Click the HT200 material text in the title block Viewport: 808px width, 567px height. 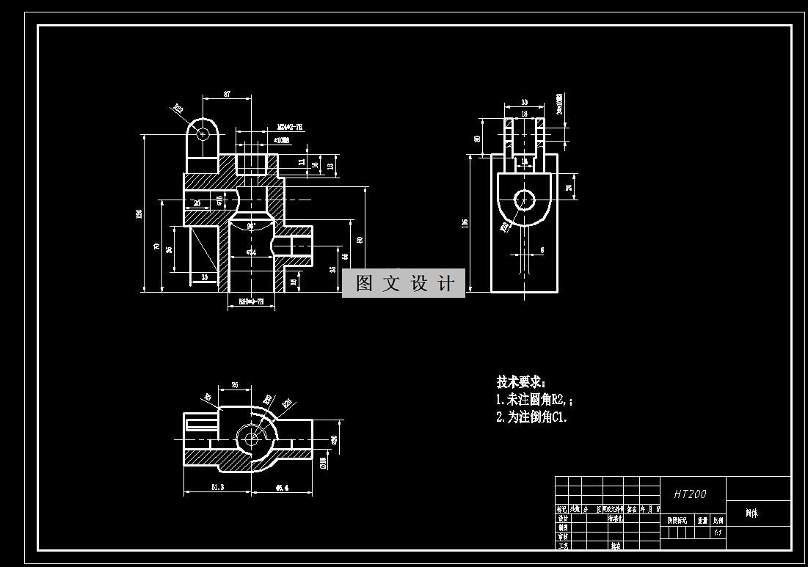click(x=690, y=494)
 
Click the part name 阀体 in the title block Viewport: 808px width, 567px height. click(x=751, y=513)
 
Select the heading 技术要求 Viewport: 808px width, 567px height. click(x=521, y=382)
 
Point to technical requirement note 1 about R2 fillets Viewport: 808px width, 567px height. click(x=534, y=400)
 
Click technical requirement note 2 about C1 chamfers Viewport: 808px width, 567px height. click(x=532, y=417)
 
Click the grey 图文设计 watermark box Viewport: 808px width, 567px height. click(x=404, y=283)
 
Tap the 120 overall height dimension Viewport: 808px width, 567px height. click(x=139, y=213)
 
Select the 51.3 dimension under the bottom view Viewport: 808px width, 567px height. click(x=217, y=487)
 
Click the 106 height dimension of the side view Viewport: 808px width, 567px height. click(x=465, y=223)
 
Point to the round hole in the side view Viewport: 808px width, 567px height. click(x=524, y=199)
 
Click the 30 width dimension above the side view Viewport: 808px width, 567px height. click(x=524, y=103)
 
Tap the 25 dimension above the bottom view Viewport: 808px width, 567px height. click(x=235, y=384)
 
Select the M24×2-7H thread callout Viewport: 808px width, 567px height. click(x=289, y=127)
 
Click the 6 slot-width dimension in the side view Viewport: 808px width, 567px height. click(x=542, y=250)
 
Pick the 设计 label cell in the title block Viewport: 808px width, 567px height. click(x=563, y=518)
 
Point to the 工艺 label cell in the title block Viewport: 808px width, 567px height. click(x=563, y=546)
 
